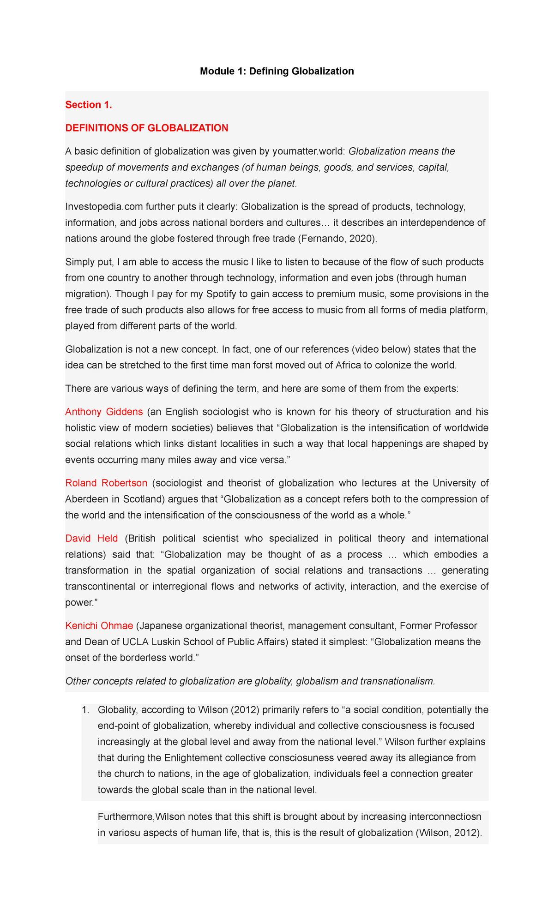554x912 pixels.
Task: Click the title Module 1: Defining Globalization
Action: coord(277,71)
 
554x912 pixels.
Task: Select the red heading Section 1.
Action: coord(89,105)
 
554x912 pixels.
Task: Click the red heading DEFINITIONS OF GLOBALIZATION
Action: coord(147,128)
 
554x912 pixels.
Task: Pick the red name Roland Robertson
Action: coord(106,483)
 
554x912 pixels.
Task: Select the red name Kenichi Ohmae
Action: coord(99,626)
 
